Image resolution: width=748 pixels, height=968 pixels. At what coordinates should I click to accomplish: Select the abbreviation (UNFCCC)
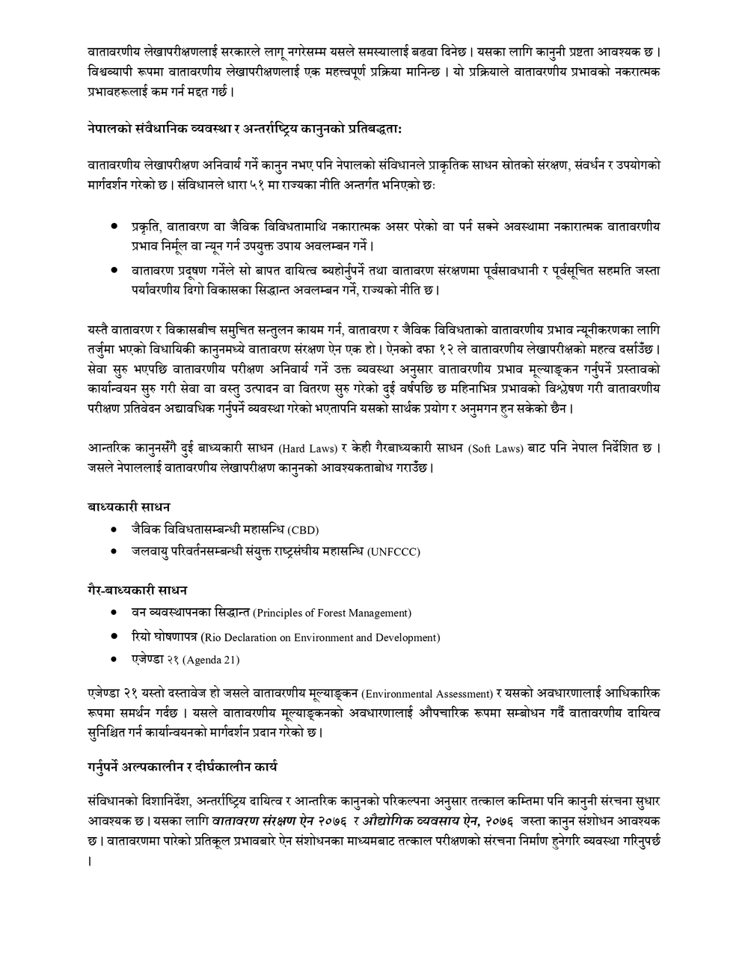(x=393, y=552)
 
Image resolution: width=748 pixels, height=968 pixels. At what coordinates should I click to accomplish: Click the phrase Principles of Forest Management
(x=331, y=613)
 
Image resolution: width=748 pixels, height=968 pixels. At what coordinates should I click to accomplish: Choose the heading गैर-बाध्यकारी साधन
(x=137, y=590)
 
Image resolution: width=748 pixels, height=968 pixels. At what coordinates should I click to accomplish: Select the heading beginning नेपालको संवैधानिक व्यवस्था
(x=245, y=129)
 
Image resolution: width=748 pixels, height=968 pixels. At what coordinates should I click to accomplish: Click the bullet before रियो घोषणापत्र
(x=114, y=636)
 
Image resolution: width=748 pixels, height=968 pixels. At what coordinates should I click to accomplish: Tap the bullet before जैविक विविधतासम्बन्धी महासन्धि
(x=114, y=529)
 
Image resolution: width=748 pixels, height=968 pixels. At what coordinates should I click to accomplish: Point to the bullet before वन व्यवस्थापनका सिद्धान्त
(x=114, y=612)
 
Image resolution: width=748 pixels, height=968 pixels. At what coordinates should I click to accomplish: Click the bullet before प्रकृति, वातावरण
(x=114, y=225)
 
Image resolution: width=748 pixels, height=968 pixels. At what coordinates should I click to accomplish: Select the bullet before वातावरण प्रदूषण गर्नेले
(x=114, y=269)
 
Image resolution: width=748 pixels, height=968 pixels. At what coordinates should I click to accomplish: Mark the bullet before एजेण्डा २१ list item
(x=114, y=658)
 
